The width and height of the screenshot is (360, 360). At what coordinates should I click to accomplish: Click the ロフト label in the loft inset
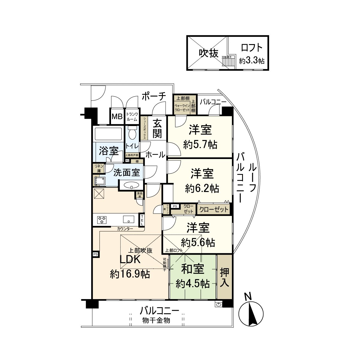coord(252,48)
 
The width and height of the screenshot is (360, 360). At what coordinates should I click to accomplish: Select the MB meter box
coord(117,116)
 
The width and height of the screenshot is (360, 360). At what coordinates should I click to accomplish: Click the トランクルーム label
coord(132,116)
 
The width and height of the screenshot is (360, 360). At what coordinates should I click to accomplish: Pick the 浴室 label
coord(109,151)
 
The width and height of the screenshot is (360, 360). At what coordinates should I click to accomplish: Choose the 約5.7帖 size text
coord(200,145)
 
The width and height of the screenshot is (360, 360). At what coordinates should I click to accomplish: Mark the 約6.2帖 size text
coord(202,188)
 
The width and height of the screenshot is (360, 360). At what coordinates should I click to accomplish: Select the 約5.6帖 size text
coord(198,242)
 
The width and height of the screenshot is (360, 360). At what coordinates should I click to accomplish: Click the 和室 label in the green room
coord(192,269)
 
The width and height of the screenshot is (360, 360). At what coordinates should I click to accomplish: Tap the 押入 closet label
coord(225,277)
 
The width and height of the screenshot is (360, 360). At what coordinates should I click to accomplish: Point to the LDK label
coord(130,259)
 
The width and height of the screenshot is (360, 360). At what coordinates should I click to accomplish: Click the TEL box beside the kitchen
coord(142,220)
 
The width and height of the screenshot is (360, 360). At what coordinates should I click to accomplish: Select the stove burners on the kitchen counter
coord(102,220)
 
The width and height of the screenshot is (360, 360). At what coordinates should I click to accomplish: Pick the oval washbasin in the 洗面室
coord(131,185)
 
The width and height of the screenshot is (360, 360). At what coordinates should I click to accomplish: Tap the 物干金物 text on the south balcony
coord(156,320)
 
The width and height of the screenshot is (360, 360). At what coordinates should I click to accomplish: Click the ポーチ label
coord(154,97)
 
